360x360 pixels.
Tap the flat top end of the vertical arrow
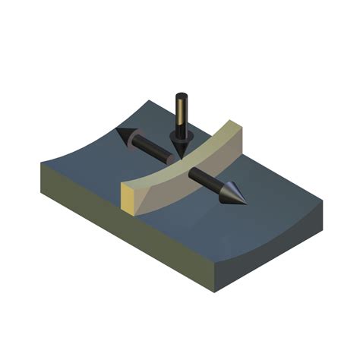(x=182, y=96)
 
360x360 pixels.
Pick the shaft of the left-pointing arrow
(x=155, y=150)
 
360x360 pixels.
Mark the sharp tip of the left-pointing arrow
(x=116, y=131)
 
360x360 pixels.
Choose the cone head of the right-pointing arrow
(x=232, y=194)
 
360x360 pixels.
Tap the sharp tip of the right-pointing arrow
(x=246, y=201)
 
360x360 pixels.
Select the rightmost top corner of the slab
(x=322, y=202)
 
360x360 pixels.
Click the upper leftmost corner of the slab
(x=39, y=163)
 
